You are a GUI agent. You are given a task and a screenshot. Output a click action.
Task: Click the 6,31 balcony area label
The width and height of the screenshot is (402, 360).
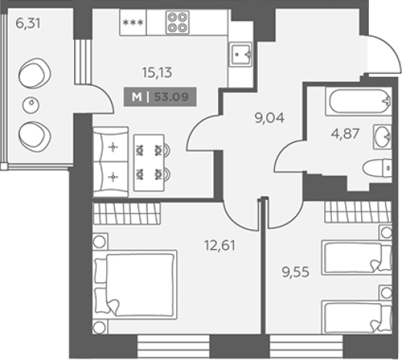tap(28, 24)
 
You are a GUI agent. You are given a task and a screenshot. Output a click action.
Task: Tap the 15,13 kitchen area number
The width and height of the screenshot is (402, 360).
tap(157, 72)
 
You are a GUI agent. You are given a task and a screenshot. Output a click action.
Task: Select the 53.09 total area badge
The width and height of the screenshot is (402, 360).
tap(160, 97)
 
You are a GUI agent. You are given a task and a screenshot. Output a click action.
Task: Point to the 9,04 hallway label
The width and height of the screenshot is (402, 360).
tap(270, 118)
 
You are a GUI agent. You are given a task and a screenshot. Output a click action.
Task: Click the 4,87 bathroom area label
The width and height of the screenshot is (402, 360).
tap(345, 134)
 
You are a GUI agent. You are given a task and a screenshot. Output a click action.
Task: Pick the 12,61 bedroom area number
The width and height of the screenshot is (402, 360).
tap(219, 245)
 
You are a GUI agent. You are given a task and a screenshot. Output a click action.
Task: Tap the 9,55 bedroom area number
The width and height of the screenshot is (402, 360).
tap(296, 272)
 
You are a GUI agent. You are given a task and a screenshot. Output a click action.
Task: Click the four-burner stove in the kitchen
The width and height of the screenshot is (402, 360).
tap(177, 22)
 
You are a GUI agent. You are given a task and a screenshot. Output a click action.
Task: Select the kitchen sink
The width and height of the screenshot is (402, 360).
tap(240, 54)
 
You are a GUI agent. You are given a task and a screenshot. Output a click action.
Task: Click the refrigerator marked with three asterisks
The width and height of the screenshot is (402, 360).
tap(133, 22)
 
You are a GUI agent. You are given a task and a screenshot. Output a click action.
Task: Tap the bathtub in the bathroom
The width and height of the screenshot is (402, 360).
tap(359, 102)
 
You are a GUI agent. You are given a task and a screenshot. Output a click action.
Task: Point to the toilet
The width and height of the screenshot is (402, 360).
tap(377, 168)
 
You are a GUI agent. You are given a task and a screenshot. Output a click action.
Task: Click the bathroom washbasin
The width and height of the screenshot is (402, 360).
tap(383, 136)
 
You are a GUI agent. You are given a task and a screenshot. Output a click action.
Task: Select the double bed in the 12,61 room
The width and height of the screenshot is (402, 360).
tap(136, 285)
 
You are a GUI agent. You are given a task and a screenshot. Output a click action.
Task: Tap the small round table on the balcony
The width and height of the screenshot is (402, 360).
tap(31, 105)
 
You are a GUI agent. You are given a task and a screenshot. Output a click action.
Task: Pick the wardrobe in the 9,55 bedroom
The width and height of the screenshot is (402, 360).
tap(358, 212)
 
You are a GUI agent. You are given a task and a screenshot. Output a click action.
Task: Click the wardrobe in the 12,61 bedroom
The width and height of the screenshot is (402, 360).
tap(126, 213)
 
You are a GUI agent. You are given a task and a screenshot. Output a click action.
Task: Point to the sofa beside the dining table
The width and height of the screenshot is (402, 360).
tap(110, 162)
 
